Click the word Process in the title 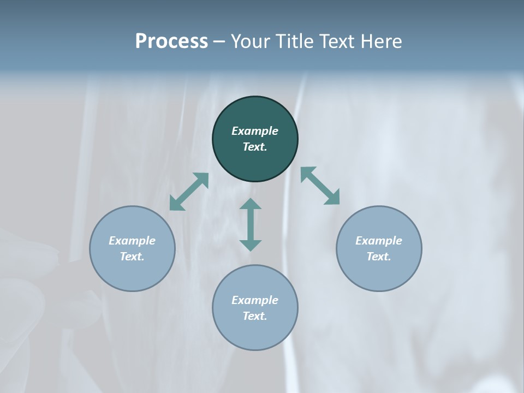(171, 41)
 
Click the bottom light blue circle (255, 333)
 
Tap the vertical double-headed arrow (251, 224)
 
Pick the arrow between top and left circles (189, 192)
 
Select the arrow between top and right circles (320, 186)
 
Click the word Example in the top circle (255, 131)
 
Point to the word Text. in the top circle (255, 147)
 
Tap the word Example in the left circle (132, 241)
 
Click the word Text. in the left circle (132, 257)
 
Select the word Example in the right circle (379, 241)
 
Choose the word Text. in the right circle (379, 257)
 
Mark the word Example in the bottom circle (255, 300)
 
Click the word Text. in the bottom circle (255, 316)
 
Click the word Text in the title (336, 41)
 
